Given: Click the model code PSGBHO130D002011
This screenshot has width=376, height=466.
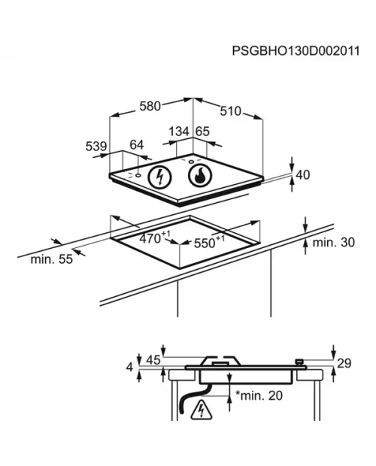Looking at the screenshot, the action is (x=296, y=51).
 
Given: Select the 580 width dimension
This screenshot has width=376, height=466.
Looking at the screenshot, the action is (x=150, y=106).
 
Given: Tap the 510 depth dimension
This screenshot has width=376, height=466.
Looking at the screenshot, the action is (x=230, y=111).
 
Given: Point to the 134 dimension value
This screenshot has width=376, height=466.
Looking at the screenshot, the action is (x=179, y=132).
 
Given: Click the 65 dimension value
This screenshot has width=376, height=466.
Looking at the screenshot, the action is (x=202, y=132).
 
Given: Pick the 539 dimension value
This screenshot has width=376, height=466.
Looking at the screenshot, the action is (x=96, y=147).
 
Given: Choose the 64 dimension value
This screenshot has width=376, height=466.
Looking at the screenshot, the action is (x=137, y=145).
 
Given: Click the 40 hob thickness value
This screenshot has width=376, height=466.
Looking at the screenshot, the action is (x=303, y=174).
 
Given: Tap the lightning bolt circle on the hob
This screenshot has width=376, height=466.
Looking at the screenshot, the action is (x=159, y=177).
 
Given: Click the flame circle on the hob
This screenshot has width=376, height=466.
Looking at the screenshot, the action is (x=200, y=176).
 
